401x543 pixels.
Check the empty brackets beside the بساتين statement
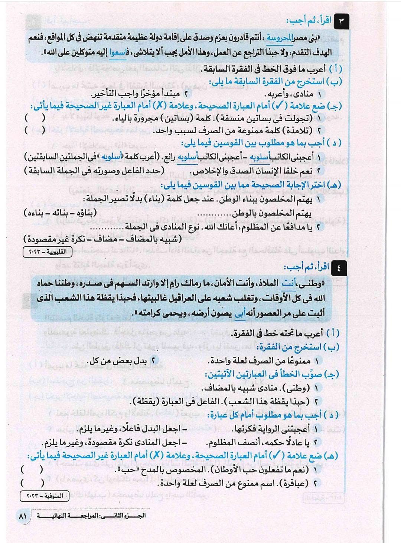pyautogui.click(x=35, y=118)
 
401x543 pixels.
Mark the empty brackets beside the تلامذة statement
pyautogui.click(x=35, y=131)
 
